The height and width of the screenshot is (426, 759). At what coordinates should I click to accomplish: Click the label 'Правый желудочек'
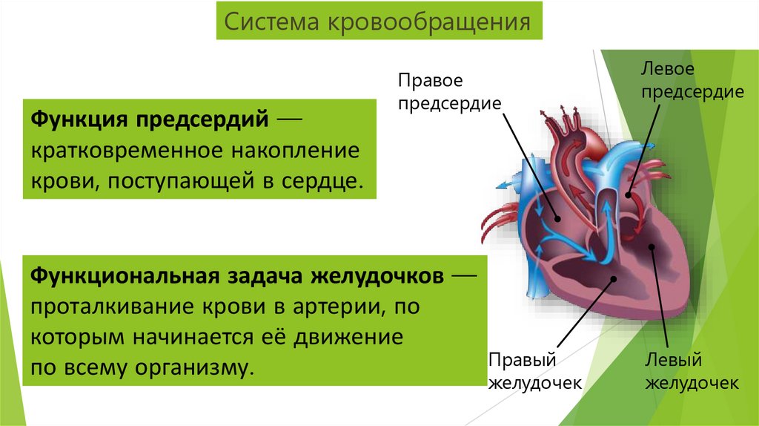tap(531, 371)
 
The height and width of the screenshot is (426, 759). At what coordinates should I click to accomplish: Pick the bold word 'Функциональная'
tap(123, 275)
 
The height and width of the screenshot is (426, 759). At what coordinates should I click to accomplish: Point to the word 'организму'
tap(187, 367)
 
